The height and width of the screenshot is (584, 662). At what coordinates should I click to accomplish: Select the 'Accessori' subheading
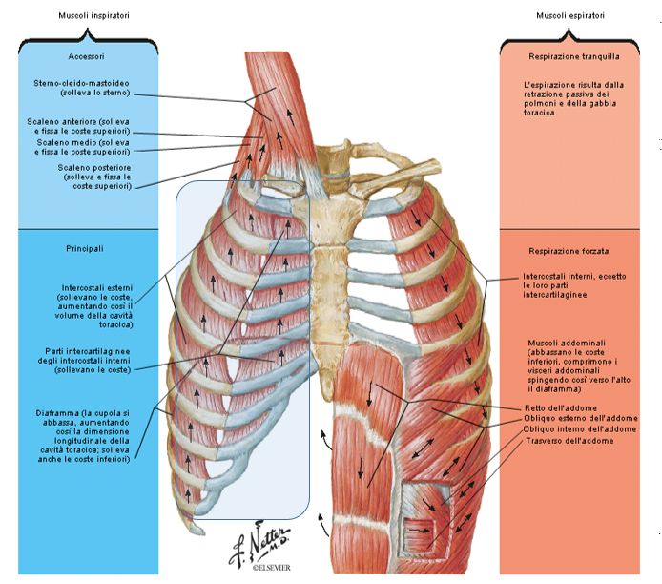point(86,57)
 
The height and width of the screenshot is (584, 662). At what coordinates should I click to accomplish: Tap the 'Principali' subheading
point(86,250)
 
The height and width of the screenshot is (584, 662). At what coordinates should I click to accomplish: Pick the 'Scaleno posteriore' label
point(93,168)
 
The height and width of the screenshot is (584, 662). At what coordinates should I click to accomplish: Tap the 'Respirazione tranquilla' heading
point(570,57)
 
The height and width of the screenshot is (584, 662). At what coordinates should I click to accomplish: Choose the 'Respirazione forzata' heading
point(567,250)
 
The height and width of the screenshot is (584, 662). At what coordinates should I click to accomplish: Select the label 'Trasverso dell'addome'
point(569,442)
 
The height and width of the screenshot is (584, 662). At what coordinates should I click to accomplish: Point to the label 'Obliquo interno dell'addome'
point(580,430)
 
